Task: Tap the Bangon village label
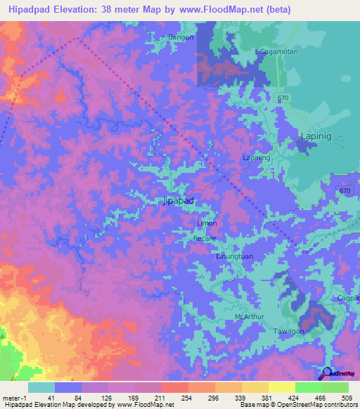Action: click(x=181, y=37)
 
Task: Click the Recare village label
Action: click(x=204, y=238)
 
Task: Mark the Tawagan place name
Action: click(x=288, y=331)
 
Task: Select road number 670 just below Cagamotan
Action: click(x=283, y=98)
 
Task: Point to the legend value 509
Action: click(x=348, y=396)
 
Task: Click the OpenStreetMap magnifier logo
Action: click(x=326, y=374)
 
